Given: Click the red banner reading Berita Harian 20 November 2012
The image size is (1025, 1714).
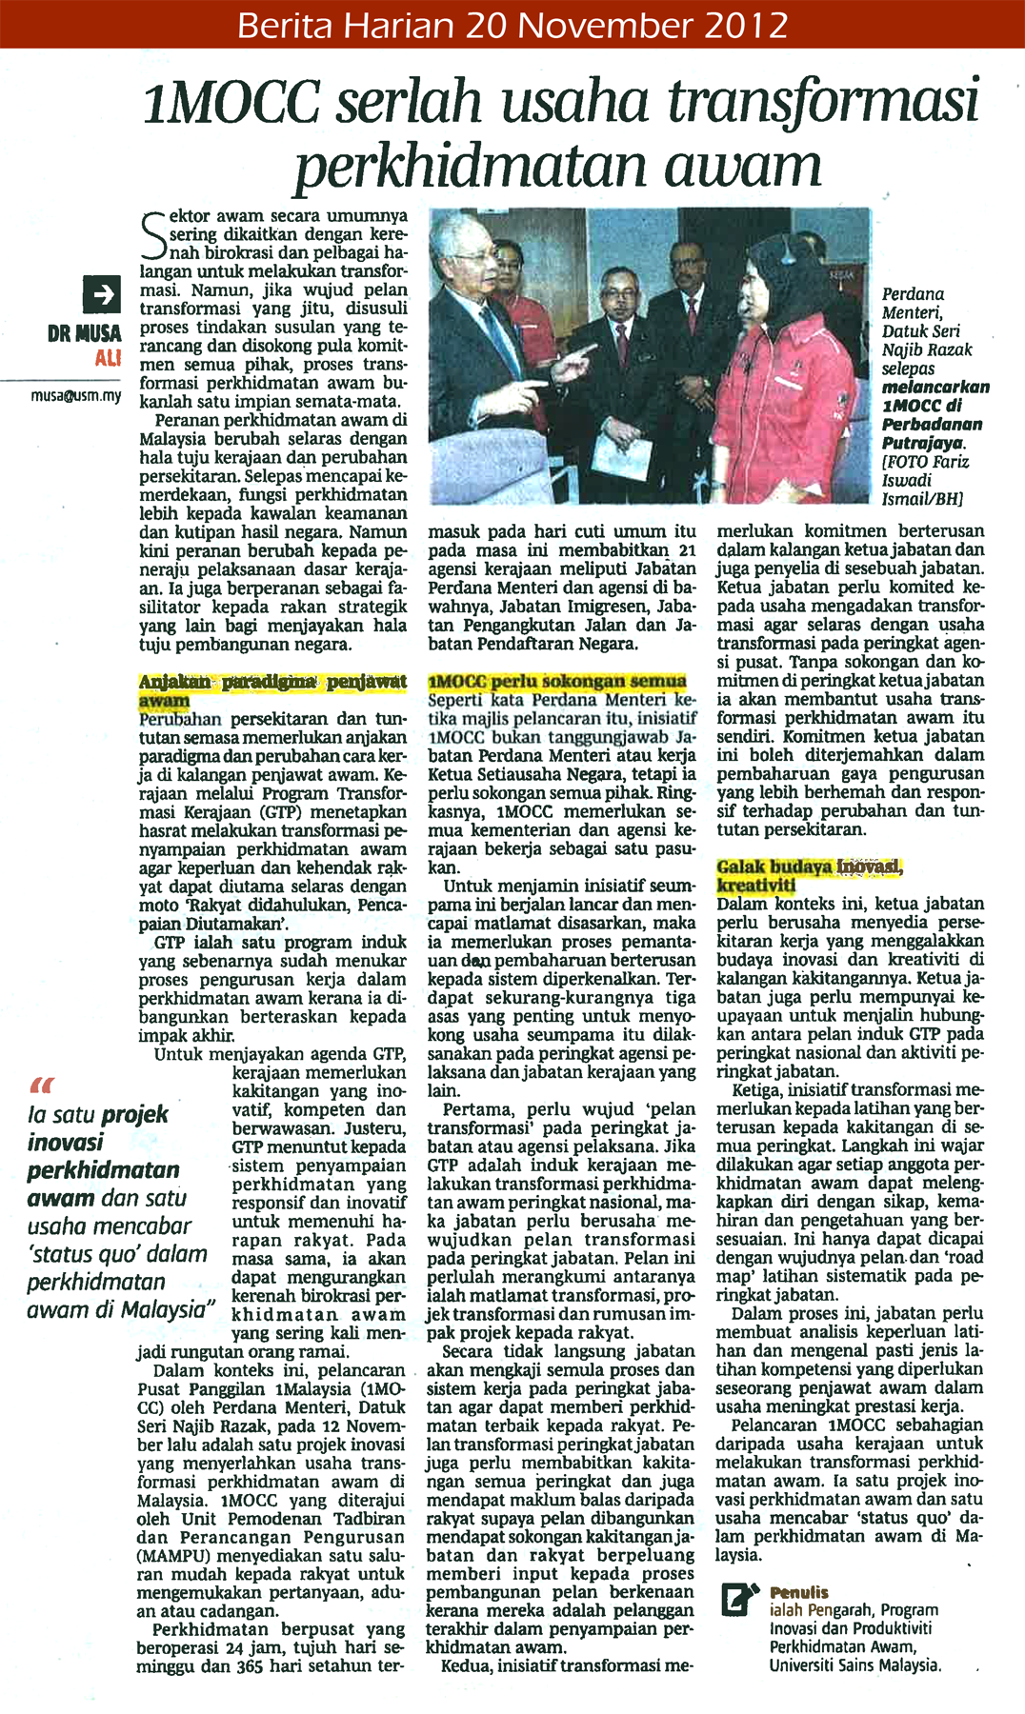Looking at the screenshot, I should click(x=512, y=24).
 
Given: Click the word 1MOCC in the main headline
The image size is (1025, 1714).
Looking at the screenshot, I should click(x=231, y=103).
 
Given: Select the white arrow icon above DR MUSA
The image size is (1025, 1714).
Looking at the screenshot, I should click(x=101, y=295).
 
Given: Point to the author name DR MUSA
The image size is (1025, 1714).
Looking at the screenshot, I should click(x=84, y=333).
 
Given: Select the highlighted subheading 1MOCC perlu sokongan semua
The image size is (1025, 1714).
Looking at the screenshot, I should click(x=557, y=682).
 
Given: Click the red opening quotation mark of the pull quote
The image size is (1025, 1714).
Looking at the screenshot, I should click(x=42, y=1086).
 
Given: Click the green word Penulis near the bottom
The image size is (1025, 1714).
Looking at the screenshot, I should click(x=799, y=1591).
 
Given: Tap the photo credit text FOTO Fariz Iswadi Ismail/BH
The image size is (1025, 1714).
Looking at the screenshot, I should click(x=924, y=481).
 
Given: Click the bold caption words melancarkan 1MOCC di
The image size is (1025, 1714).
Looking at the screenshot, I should click(x=935, y=396).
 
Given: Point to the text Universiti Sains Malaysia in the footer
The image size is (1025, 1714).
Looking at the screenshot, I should click(x=854, y=1665).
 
